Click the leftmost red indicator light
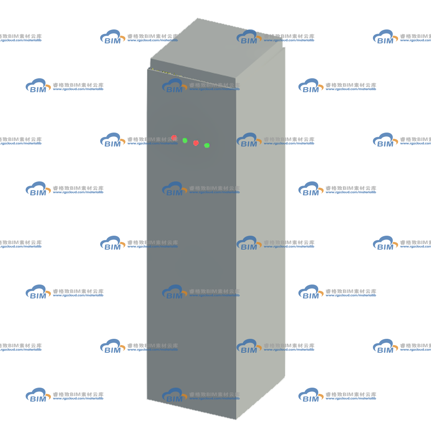[x=174, y=138]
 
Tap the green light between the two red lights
[x=185, y=141]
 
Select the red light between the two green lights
[x=196, y=143]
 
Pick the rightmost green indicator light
[x=207, y=145]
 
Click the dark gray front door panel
[x=192, y=247]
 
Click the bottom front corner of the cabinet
[x=236, y=419]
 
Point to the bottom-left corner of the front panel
[x=147, y=399]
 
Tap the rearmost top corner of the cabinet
[x=198, y=19]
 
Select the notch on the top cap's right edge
[x=283, y=47]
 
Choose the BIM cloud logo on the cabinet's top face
[x=249, y=37]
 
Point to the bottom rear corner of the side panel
[x=285, y=376]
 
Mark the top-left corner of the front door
[x=148, y=69]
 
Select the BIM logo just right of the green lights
[x=249, y=140]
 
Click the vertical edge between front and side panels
[x=236, y=247]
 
